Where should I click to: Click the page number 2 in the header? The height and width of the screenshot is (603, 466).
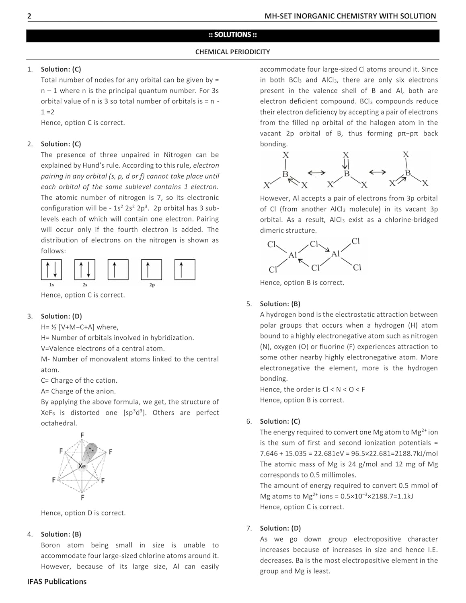point(29,16)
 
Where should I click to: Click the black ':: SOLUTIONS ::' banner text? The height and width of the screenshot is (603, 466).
point(232,35)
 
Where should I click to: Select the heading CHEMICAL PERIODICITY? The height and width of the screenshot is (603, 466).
point(232,52)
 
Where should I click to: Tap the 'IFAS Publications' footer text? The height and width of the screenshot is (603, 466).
point(57,582)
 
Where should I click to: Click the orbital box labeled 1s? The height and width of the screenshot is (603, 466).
point(51,270)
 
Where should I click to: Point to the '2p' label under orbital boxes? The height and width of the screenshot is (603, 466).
point(152,285)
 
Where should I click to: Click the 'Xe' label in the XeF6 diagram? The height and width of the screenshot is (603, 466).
point(82,466)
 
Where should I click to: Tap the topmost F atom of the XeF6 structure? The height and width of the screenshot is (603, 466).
point(82,435)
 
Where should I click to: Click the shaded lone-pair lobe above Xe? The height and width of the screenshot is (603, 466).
point(92,449)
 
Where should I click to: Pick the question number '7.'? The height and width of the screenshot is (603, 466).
point(249,528)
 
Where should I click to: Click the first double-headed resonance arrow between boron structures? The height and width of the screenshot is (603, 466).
point(316,173)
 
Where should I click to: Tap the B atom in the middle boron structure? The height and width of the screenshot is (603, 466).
point(346,174)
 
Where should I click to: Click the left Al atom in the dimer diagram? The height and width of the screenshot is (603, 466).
point(292,255)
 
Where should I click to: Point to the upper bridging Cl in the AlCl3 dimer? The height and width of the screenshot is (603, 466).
point(314,244)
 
